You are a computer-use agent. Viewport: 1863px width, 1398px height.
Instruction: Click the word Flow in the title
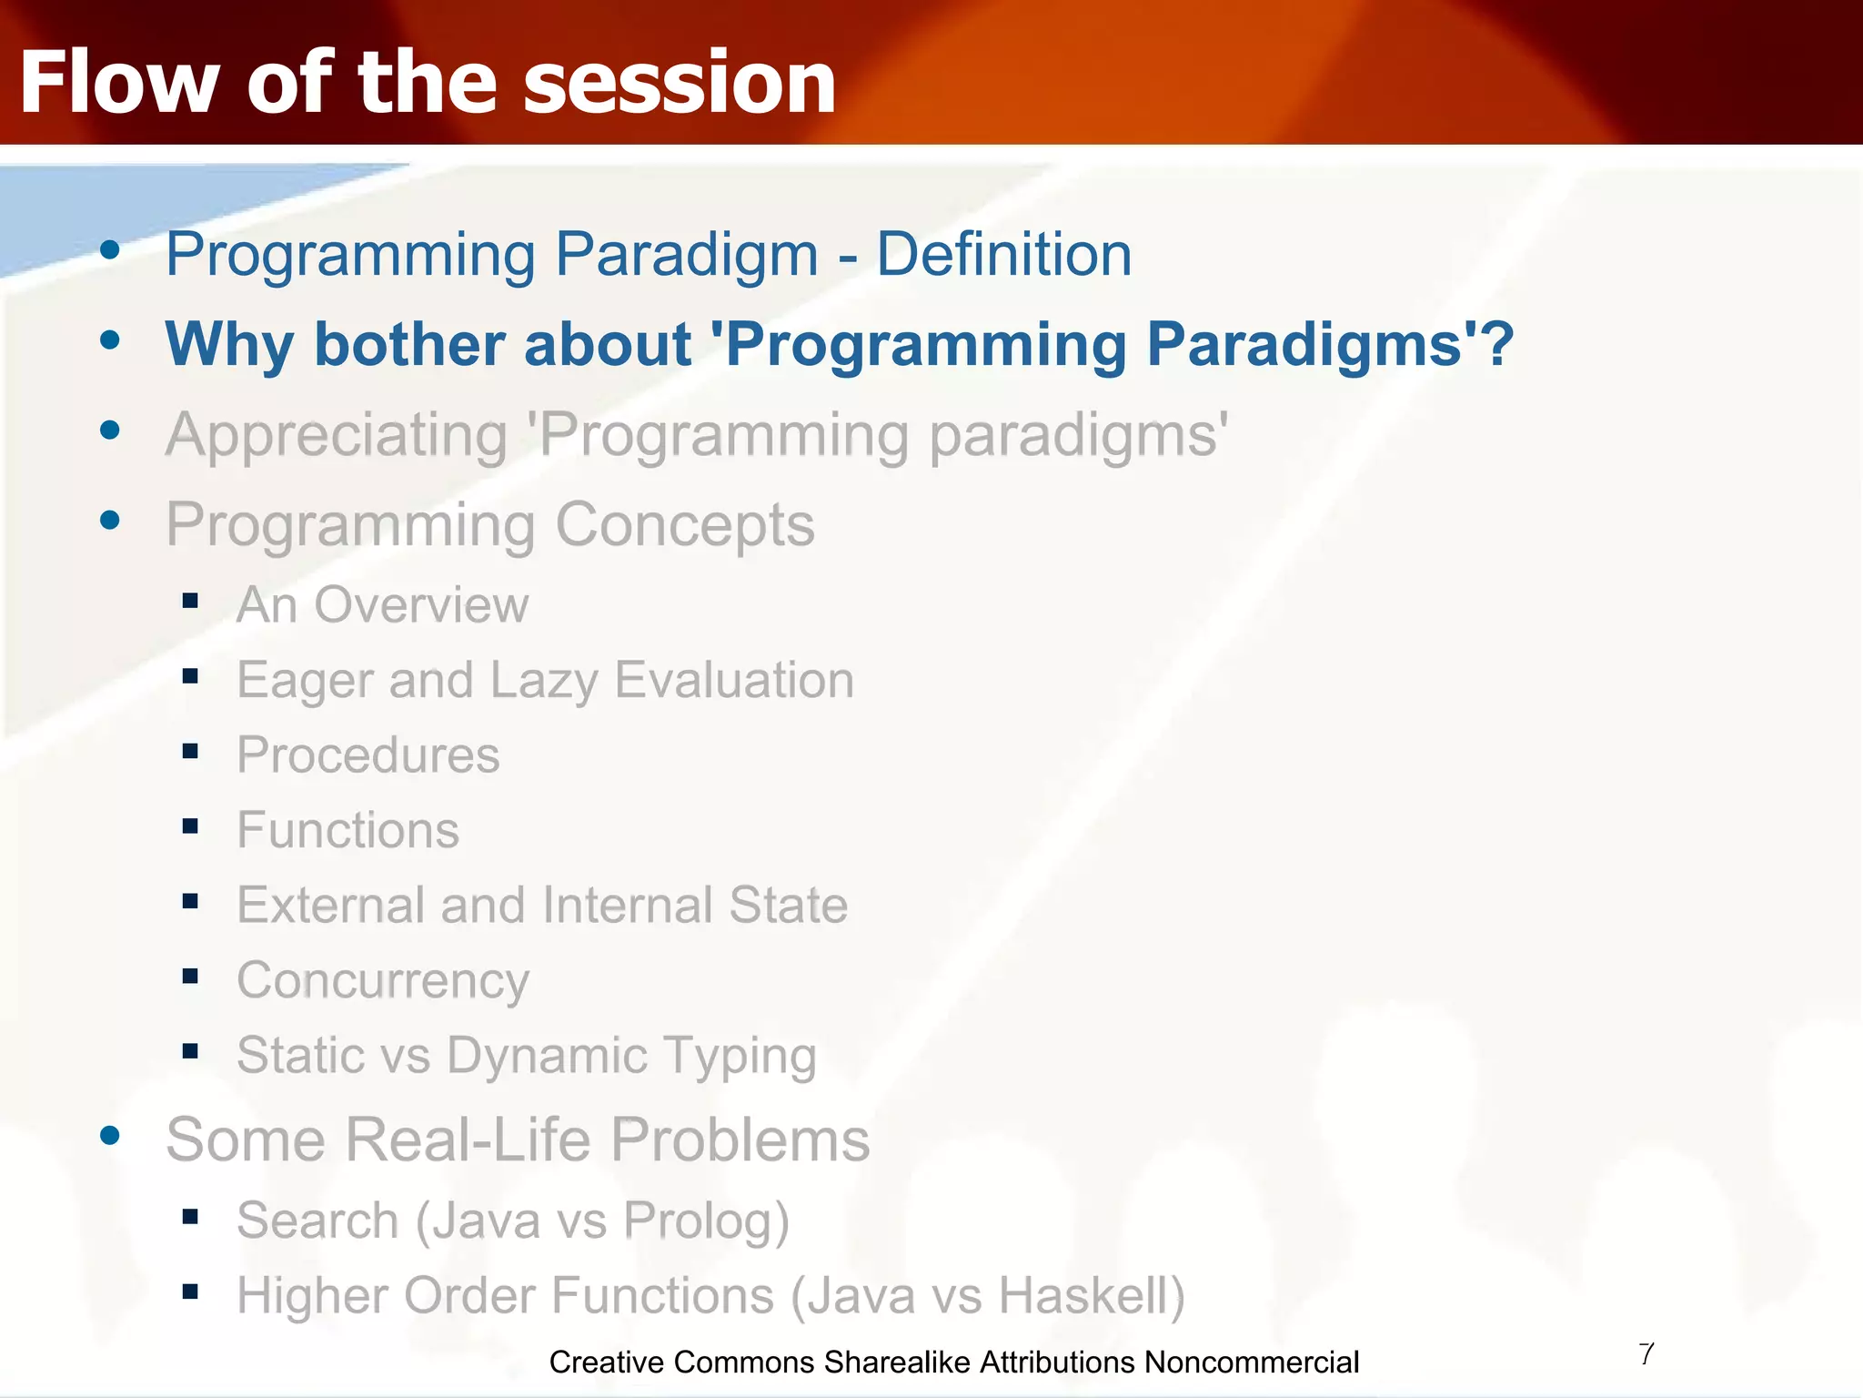click(x=119, y=82)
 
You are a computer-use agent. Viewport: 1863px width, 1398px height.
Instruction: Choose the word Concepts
click(x=685, y=526)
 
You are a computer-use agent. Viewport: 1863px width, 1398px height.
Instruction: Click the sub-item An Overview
click(x=383, y=604)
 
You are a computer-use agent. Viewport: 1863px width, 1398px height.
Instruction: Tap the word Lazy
click(x=544, y=681)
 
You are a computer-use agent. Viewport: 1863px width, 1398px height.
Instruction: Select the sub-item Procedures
click(x=368, y=755)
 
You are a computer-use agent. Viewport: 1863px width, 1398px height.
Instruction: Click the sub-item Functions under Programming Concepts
click(x=348, y=830)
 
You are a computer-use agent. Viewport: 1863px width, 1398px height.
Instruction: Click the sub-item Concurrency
click(x=383, y=981)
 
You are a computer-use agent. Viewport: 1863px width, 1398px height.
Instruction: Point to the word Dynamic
click(x=547, y=1056)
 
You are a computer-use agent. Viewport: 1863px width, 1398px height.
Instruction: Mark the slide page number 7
click(x=1646, y=1354)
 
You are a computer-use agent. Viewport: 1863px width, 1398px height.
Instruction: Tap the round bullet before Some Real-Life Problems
click(x=110, y=1135)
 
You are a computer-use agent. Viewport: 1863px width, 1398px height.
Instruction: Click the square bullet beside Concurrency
click(x=190, y=977)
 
